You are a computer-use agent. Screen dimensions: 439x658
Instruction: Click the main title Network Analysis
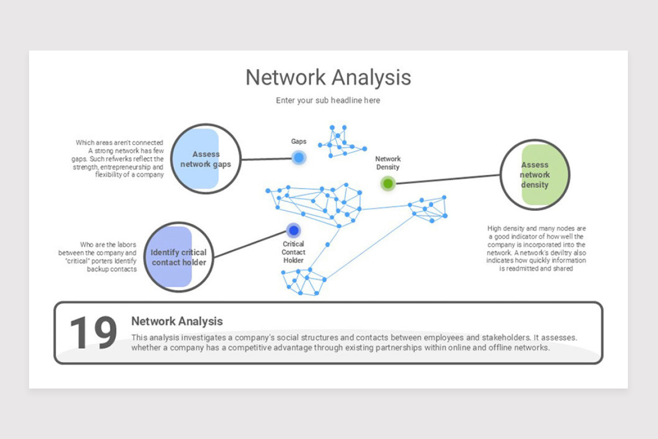tap(328, 77)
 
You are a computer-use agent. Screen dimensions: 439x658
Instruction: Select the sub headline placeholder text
tap(328, 100)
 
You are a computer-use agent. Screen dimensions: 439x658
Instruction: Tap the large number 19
tap(93, 333)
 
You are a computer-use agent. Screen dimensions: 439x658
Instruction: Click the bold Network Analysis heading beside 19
tap(177, 322)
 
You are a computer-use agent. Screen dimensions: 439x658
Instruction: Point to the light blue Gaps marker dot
tap(298, 158)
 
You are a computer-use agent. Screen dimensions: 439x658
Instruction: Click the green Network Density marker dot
tap(388, 183)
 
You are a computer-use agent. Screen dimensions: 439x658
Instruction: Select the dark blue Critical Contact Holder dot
tap(293, 230)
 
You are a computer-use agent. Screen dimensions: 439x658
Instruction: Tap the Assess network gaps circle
tap(206, 159)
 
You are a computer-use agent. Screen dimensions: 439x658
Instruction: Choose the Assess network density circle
tap(535, 175)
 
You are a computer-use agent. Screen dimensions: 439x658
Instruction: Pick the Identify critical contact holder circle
tap(178, 257)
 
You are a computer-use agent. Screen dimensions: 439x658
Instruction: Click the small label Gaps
tap(299, 142)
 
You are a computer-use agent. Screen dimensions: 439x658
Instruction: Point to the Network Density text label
tap(388, 163)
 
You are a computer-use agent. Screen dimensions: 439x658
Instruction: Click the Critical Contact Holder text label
tap(293, 252)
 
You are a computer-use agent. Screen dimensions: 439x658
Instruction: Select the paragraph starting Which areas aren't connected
tap(119, 159)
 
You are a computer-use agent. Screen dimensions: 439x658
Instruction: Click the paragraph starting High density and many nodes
tap(536, 249)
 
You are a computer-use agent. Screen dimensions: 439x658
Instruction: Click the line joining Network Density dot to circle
tap(447, 179)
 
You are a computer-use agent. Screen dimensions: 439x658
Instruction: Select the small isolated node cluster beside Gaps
tap(341, 142)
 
